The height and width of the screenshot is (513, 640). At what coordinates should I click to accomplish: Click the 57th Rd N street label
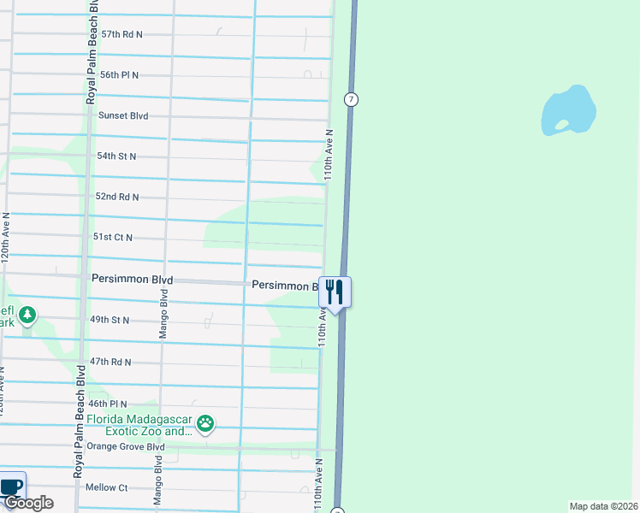[x=121, y=34]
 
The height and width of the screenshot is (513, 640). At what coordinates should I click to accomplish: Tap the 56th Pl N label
[x=120, y=75]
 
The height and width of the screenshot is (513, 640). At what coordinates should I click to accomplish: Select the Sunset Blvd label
[x=123, y=115]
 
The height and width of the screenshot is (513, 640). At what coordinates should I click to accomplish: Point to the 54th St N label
[x=116, y=156]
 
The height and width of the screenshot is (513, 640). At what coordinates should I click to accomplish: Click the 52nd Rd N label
[x=117, y=197]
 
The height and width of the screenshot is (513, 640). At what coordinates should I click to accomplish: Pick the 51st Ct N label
[x=113, y=237]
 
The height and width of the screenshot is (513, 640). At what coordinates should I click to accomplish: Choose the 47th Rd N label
[x=111, y=362]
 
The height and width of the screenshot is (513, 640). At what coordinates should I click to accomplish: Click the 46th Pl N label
[x=107, y=404]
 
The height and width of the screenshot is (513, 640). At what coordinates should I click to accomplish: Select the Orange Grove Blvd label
[x=125, y=446]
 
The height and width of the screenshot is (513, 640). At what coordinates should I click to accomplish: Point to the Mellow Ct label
[x=107, y=487]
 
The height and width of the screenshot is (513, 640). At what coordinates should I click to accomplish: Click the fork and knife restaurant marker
[x=335, y=292]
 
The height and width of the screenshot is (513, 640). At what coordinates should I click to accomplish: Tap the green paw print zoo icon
[x=205, y=422]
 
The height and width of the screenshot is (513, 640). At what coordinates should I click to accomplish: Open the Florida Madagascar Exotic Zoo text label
[x=141, y=425]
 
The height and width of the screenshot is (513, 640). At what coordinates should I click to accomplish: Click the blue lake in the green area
[x=567, y=109]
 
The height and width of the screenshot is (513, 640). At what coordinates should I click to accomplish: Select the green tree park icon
[x=28, y=315]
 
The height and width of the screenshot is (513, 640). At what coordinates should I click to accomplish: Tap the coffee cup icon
[x=10, y=486]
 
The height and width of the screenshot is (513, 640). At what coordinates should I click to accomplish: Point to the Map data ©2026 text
[x=603, y=505]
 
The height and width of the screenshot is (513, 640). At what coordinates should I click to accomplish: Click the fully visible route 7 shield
[x=351, y=99]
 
